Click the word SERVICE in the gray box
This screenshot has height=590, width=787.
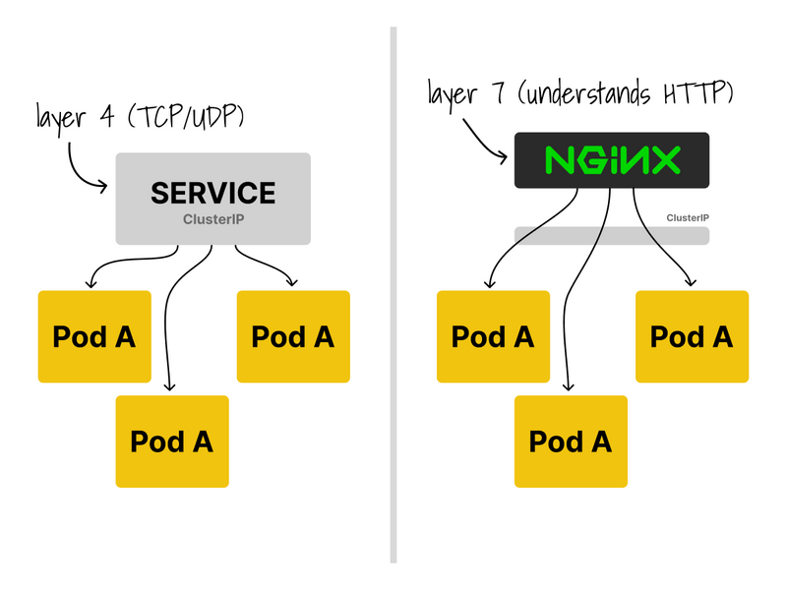213,192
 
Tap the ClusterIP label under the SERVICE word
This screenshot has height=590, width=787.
213,219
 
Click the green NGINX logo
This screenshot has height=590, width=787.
612,160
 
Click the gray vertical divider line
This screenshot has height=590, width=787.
393,295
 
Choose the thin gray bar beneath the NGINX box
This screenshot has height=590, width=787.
612,235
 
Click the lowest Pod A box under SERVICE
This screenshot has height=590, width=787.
172,442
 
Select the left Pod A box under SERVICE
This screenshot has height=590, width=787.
94,336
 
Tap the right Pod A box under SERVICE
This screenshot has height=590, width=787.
293,336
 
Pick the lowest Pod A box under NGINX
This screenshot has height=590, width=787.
571,442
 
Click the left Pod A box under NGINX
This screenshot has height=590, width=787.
493,336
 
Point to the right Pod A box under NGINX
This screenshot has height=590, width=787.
692,336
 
